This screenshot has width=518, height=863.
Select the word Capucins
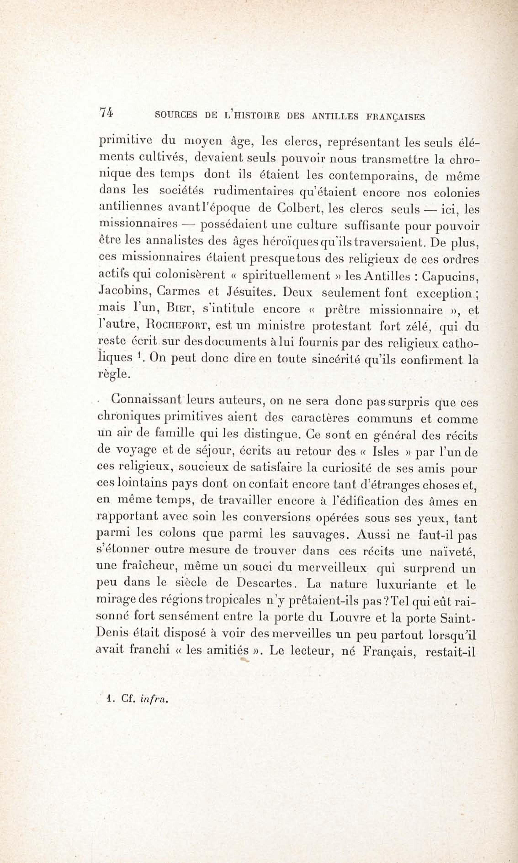(449, 276)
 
